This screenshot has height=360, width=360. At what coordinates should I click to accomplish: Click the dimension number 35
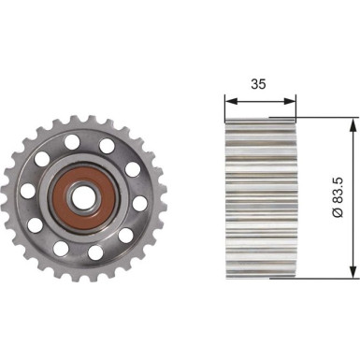(261, 82)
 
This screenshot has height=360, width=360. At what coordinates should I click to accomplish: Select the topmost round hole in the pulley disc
(73, 143)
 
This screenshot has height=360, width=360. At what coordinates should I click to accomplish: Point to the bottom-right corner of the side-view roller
(295, 277)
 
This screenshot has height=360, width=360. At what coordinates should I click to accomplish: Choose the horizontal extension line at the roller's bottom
(327, 278)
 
